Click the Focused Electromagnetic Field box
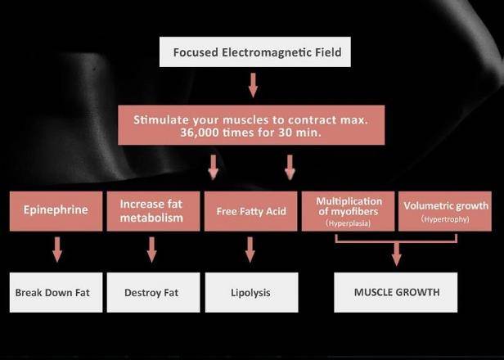click(255, 52)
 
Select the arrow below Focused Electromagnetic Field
click(253, 85)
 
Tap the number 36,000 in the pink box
click(196, 133)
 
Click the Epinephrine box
click(56, 211)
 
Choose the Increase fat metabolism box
click(153, 211)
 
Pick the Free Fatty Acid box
click(250, 211)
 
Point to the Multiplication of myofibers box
click(348, 211)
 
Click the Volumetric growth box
click(445, 211)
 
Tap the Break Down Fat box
click(56, 293)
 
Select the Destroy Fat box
click(153, 293)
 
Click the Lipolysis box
click(252, 293)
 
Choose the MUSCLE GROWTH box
click(396, 293)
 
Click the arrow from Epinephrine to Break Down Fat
click(57, 250)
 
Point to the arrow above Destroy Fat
click(151, 250)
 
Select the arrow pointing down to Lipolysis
click(250, 250)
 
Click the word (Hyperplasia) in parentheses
click(348, 223)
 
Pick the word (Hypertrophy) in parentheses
click(445, 219)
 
